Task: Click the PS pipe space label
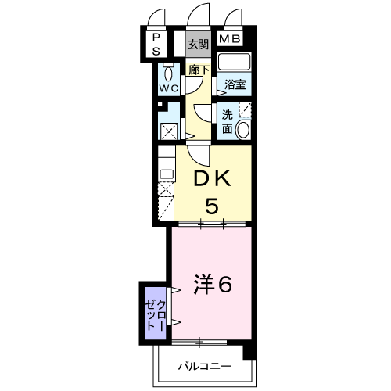click(x=156, y=45)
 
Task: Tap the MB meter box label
click(x=229, y=39)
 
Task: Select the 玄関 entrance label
click(x=199, y=45)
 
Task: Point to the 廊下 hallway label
click(x=199, y=70)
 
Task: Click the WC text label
click(x=169, y=88)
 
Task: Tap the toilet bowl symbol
click(x=168, y=74)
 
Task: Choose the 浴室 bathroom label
click(x=235, y=84)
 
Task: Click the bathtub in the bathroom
click(x=234, y=62)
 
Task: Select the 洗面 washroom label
click(x=227, y=122)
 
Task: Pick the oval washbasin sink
click(x=242, y=130)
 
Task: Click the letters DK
click(x=212, y=178)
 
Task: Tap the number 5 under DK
click(x=212, y=206)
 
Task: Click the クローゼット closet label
click(x=156, y=315)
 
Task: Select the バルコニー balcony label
click(x=205, y=367)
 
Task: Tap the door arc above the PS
click(x=152, y=16)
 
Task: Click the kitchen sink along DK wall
click(x=167, y=174)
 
